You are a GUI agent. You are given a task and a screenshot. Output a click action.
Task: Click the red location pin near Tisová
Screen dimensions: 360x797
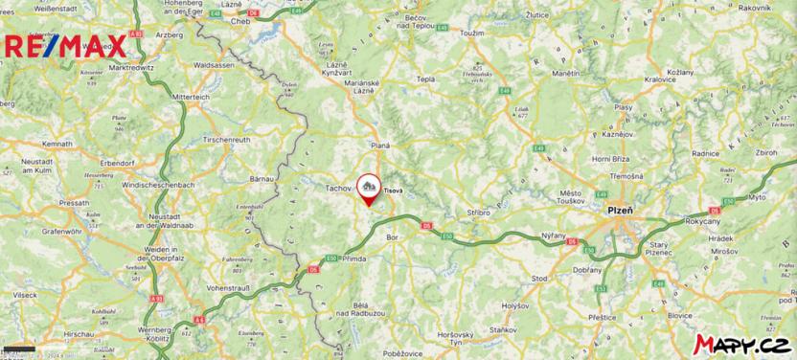pyautogui.click(x=368, y=188)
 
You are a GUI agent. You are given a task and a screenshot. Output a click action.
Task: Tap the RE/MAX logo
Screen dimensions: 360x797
pyautogui.click(x=65, y=44)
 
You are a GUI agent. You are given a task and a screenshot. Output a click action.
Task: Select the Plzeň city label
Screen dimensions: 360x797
pyautogui.click(x=622, y=209)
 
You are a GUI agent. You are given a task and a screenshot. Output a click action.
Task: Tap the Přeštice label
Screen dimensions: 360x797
pyautogui.click(x=603, y=316)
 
